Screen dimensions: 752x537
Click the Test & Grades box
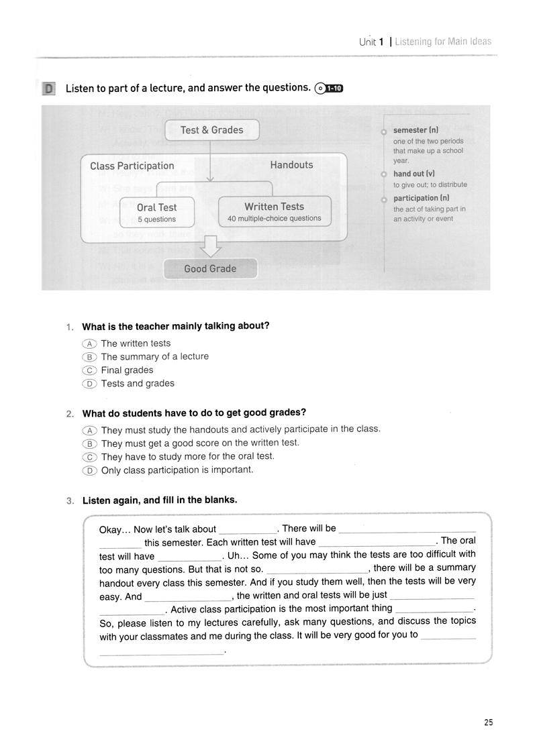211,130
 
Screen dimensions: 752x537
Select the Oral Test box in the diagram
157,212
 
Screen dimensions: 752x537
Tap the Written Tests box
274,211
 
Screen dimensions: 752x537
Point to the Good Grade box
210,269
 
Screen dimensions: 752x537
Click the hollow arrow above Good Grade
211,247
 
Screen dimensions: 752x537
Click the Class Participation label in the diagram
132,166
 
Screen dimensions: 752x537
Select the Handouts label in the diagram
291,165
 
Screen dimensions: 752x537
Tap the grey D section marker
48,89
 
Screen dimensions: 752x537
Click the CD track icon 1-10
328,88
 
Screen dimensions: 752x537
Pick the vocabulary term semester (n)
416,130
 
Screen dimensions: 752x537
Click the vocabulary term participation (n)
422,199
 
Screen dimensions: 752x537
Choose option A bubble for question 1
89,343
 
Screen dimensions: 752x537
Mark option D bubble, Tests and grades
89,384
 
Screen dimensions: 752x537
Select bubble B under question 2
89,443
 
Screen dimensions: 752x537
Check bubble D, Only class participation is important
89,470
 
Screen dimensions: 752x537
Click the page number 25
488,722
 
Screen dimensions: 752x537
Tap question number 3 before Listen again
70,500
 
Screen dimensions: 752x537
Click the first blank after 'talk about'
248,530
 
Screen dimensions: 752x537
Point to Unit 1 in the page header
371,42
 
